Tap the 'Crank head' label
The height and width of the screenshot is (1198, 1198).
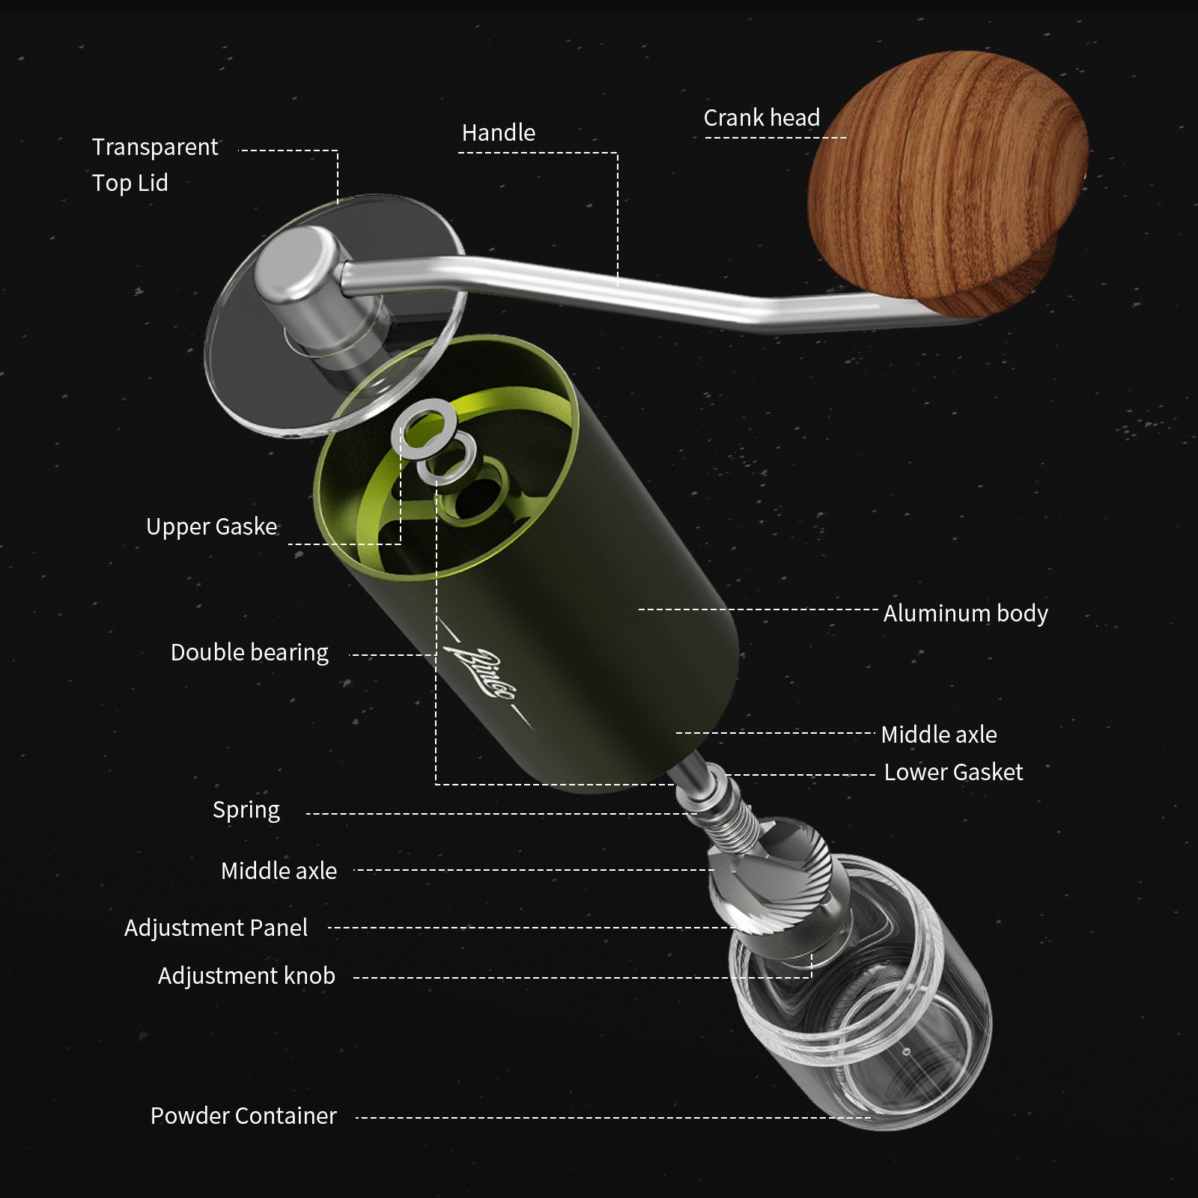pyautogui.click(x=761, y=118)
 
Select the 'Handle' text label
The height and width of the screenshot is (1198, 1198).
pyautogui.click(x=499, y=133)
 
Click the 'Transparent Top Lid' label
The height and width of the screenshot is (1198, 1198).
pyautogui.click(x=154, y=165)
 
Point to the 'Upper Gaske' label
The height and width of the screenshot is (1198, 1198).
pyautogui.click(x=211, y=527)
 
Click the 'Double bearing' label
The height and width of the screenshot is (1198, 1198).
pyautogui.click(x=249, y=653)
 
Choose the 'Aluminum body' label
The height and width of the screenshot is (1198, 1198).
pyautogui.click(x=965, y=614)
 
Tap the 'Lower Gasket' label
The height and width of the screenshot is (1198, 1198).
pyautogui.click(x=953, y=773)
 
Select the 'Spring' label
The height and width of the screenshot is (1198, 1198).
pyautogui.click(x=246, y=810)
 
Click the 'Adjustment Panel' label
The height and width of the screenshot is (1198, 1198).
pyautogui.click(x=216, y=928)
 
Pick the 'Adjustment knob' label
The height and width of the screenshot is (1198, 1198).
pyautogui.click(x=246, y=976)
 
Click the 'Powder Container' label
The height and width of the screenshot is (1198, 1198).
pyautogui.click(x=243, y=1116)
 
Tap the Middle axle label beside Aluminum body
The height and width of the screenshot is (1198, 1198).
pyautogui.click(x=939, y=735)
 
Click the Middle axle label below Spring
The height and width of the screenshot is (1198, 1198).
pyautogui.click(x=279, y=872)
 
